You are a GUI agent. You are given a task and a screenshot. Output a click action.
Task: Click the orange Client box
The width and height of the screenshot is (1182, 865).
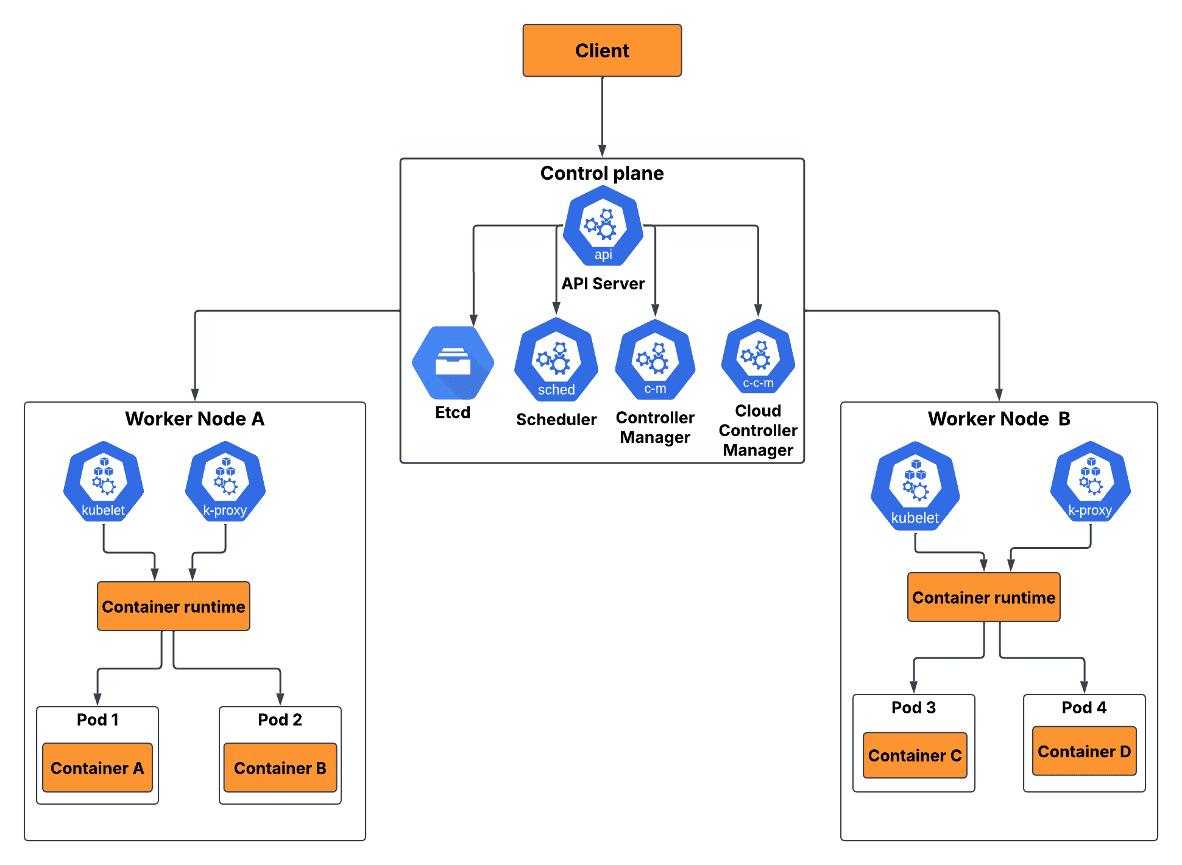(602, 51)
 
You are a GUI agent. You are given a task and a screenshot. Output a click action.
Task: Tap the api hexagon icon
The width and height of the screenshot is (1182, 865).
(603, 227)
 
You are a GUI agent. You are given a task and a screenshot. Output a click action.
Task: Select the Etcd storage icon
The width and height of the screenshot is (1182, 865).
(453, 363)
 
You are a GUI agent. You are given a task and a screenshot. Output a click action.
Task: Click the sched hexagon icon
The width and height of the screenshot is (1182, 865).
(556, 360)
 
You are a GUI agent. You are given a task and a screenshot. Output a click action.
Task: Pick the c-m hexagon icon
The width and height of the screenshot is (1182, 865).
(655, 360)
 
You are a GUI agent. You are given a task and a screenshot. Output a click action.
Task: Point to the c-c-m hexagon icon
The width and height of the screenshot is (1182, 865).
(758, 357)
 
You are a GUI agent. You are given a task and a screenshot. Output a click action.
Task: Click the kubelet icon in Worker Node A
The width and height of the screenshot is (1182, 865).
(104, 482)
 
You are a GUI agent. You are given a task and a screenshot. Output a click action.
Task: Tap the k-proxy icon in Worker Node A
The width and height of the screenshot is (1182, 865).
(225, 482)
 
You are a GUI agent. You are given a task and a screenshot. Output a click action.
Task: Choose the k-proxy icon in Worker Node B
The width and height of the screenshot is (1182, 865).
(1090, 482)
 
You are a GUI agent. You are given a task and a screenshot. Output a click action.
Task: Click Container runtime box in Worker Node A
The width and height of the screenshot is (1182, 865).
(174, 606)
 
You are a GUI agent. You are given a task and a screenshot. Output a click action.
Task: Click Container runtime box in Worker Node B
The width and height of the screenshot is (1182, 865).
(983, 597)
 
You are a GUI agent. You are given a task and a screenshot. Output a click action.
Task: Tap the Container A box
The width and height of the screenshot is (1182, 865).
(97, 768)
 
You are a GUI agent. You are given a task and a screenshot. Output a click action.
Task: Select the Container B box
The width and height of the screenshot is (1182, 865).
(280, 768)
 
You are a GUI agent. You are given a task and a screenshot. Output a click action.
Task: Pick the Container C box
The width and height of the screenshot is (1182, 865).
(915, 755)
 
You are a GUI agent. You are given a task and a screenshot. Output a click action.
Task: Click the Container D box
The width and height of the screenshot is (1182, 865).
(1084, 751)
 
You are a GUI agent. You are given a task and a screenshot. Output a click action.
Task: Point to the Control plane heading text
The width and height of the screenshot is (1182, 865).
(602, 173)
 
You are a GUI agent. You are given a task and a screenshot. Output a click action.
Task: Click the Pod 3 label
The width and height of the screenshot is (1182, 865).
(913, 707)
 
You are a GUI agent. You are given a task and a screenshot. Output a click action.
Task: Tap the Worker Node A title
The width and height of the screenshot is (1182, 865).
(194, 418)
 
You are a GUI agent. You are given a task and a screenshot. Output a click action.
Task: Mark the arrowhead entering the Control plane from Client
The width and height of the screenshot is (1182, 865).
(602, 151)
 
